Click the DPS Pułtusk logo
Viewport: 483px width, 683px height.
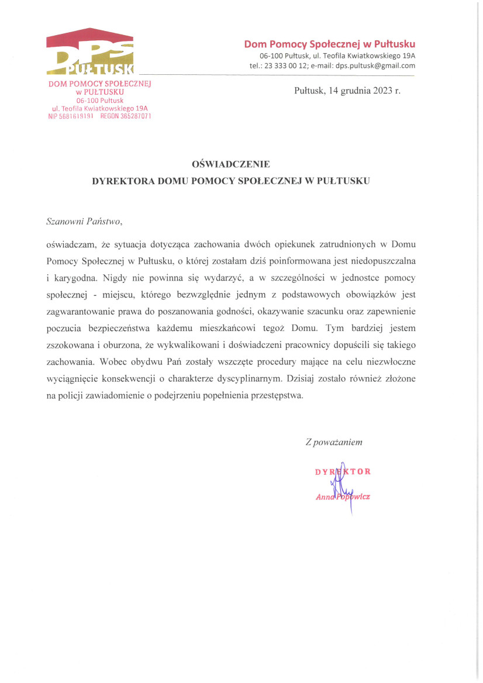point(90,53)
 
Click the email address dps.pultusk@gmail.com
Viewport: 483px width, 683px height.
point(375,65)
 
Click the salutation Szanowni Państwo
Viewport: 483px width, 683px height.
point(85,222)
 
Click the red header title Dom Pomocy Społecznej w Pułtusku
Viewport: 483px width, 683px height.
point(329,44)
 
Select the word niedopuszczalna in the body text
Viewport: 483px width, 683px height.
point(402,258)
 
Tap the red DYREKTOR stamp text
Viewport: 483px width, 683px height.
point(342,471)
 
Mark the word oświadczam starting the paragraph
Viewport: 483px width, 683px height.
point(68,242)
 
